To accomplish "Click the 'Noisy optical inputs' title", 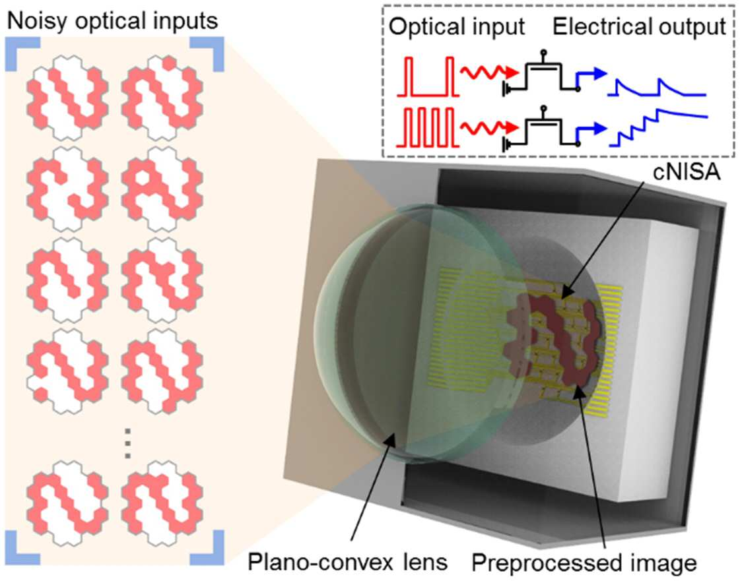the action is tap(113, 21).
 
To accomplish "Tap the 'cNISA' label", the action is tap(687, 172).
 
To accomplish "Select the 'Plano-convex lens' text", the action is tap(348, 562).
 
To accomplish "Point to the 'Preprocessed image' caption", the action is tap(584, 563).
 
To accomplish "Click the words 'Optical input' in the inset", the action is tap(457, 26).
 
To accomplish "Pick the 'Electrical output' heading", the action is tap(640, 26).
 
